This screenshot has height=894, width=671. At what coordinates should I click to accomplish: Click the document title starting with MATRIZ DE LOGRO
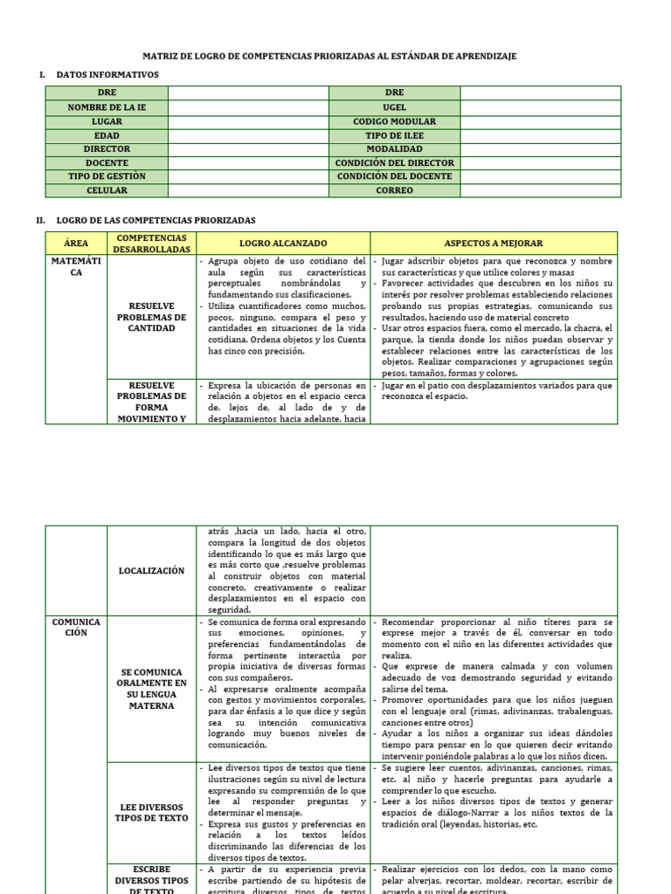(x=335, y=56)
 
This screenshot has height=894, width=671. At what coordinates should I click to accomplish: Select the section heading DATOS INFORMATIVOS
(x=107, y=75)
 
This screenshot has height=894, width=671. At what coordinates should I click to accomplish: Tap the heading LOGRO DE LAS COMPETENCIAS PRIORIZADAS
(x=156, y=220)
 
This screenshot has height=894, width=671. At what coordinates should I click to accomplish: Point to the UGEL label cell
(x=394, y=107)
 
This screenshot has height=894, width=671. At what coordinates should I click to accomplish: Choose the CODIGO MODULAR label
(x=394, y=121)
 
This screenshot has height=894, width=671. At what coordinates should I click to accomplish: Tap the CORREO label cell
(x=394, y=190)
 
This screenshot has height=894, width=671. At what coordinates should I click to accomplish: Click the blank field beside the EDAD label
(x=248, y=135)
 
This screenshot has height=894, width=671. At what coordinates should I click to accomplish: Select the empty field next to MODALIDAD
(x=540, y=149)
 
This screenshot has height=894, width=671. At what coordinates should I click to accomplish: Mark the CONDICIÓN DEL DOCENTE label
(x=394, y=176)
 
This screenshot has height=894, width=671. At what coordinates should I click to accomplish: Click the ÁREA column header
(x=76, y=243)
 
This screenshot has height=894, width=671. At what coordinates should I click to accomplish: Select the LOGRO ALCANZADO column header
(x=283, y=243)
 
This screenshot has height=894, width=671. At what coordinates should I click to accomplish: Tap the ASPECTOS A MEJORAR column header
(x=494, y=243)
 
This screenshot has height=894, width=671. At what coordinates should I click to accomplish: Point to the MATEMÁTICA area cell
(x=76, y=266)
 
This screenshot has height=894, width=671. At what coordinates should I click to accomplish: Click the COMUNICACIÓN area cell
(x=76, y=627)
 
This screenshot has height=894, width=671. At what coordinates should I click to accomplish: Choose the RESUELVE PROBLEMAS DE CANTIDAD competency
(x=151, y=317)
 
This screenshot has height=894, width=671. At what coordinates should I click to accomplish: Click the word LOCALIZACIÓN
(x=151, y=570)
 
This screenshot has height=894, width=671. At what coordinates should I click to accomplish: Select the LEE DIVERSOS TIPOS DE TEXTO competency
(x=151, y=812)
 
